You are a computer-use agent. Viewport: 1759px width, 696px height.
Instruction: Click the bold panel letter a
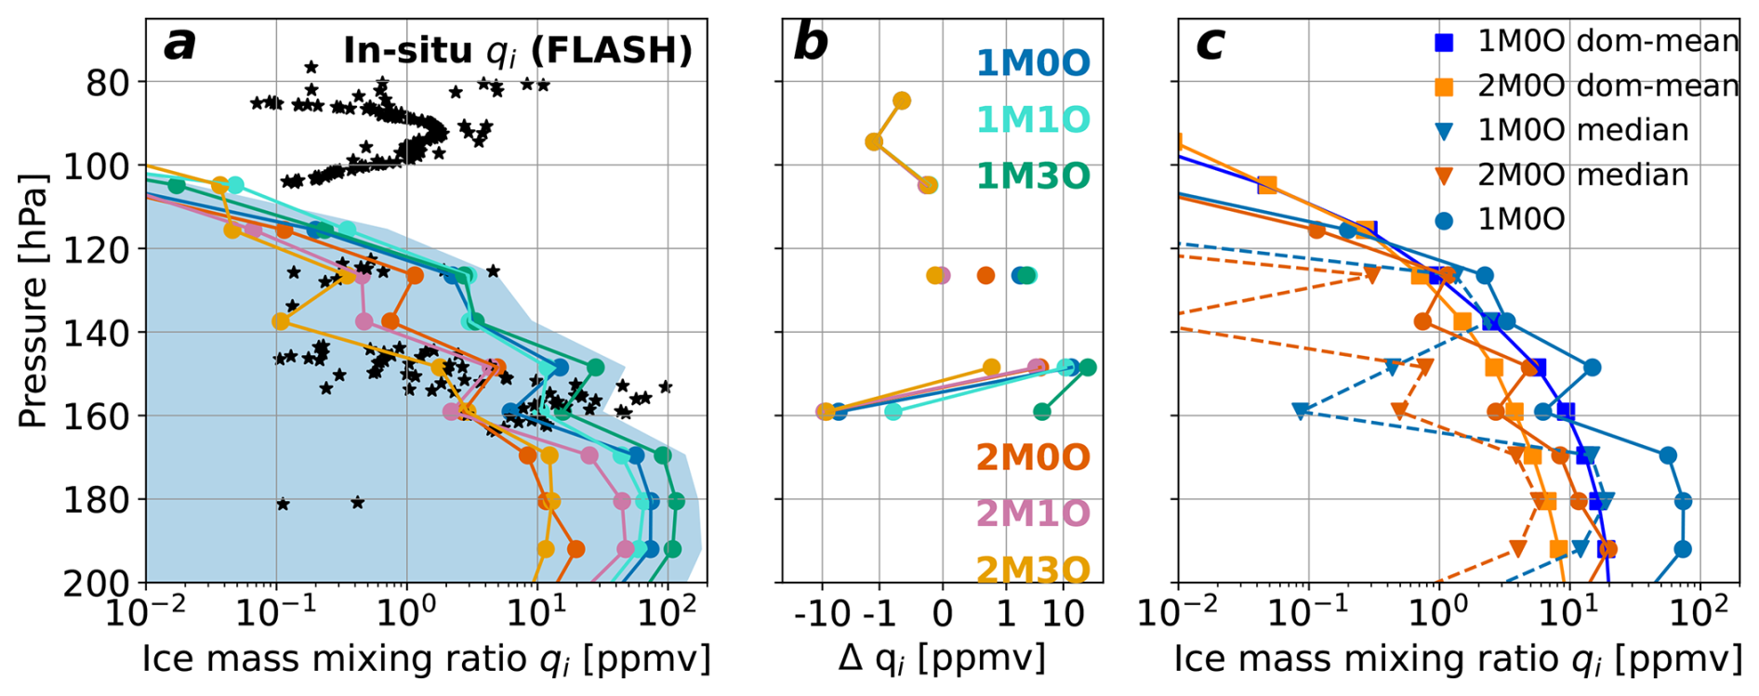coord(180,45)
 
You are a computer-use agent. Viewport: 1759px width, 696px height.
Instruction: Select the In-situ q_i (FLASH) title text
coord(518,50)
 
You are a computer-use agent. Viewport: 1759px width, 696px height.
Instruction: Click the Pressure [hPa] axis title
coord(33,300)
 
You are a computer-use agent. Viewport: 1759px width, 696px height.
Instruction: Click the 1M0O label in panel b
coord(1032,63)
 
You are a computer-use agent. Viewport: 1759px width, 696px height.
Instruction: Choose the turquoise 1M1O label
coord(1032,120)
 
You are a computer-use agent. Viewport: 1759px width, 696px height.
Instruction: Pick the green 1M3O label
coord(1032,177)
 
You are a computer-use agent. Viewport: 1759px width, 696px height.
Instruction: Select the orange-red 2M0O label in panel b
coord(1032,457)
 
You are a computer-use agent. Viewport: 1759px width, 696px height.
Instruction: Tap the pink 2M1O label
coord(1032,514)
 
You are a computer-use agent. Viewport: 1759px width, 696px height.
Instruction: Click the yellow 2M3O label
coord(1032,570)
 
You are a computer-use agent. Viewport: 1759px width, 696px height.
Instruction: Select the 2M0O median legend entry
coord(1582,175)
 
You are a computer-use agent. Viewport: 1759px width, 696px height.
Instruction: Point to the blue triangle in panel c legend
coord(1444,131)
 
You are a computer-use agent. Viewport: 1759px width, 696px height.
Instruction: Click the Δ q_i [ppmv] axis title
coord(942,659)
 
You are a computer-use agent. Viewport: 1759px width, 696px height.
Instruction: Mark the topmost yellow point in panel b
coord(901,100)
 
